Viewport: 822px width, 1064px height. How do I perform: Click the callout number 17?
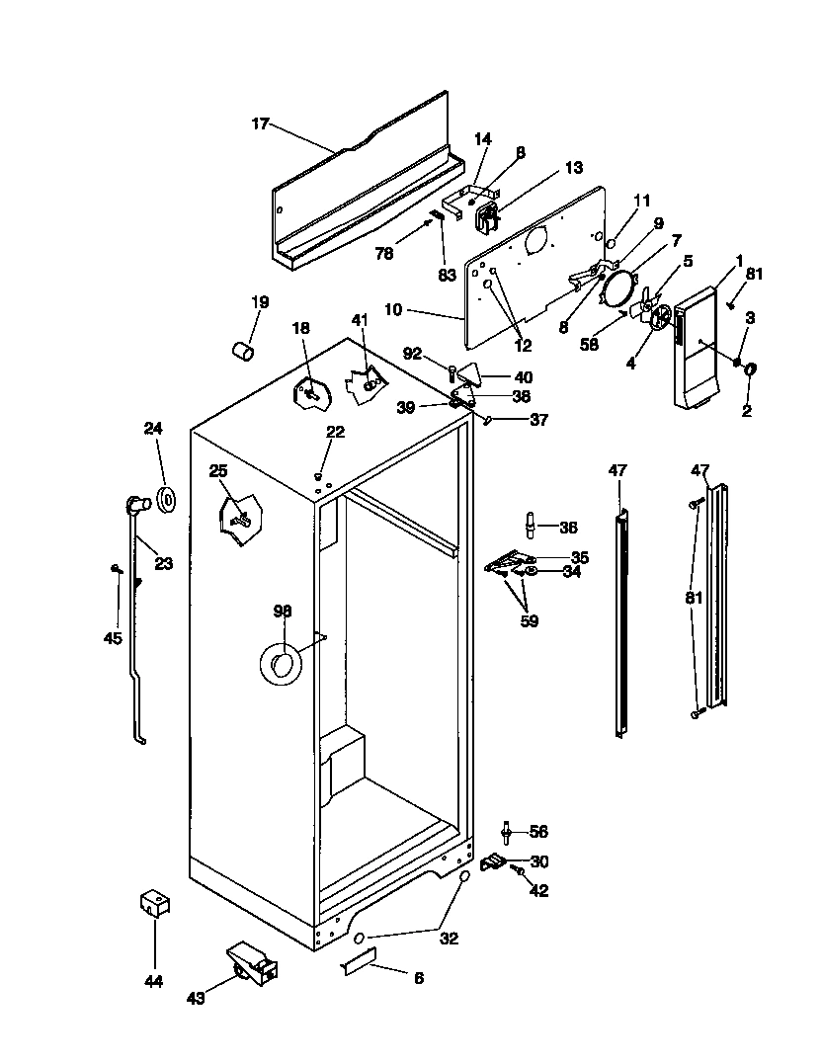point(260,123)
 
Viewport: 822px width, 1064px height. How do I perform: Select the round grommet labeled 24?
point(166,499)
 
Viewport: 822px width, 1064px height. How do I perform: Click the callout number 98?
point(283,612)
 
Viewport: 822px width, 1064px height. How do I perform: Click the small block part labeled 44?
point(153,903)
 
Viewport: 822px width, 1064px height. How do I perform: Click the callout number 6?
point(419,978)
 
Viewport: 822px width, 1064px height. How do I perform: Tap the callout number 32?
point(449,939)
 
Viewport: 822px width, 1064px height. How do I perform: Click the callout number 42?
point(538,890)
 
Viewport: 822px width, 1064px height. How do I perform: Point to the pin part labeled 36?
point(533,526)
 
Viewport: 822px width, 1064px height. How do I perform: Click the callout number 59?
point(530,620)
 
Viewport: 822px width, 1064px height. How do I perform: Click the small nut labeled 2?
point(750,370)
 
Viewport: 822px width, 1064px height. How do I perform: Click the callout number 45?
point(113,638)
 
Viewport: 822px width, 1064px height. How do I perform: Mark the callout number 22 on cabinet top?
point(336,431)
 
